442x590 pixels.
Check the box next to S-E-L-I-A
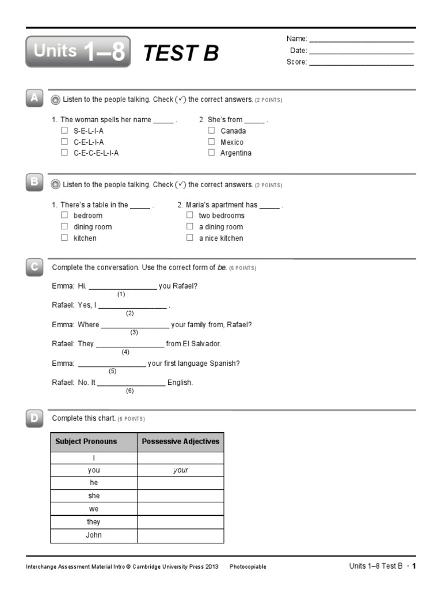click(64, 130)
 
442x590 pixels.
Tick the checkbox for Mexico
click(212, 142)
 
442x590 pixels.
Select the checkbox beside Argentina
click(212, 153)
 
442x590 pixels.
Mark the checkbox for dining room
click(64, 226)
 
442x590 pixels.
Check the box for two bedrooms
click(190, 215)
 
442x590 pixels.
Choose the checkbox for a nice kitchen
click(190, 237)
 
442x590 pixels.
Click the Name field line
click(361, 40)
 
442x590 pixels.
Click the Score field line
click(361, 63)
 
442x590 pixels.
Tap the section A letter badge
click(35, 99)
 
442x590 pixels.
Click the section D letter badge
click(35, 418)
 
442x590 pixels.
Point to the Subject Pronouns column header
click(93, 442)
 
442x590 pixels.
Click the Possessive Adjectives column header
click(180, 442)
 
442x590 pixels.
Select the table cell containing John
click(93, 535)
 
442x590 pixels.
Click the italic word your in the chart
click(180, 470)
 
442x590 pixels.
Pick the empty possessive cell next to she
click(180, 496)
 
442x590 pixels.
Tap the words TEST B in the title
click(181, 53)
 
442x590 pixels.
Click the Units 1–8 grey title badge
click(78, 52)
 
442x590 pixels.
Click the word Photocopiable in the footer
click(247, 567)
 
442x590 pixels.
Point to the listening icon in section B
click(55, 185)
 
